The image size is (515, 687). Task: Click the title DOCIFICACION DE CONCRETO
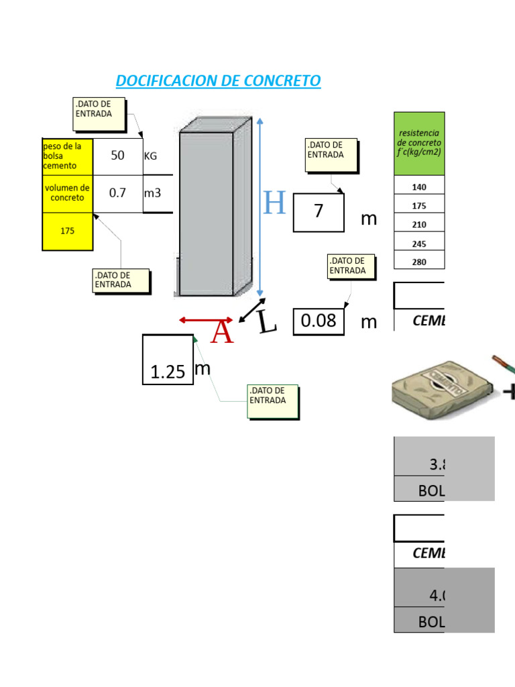pos(218,81)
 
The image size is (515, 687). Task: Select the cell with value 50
pos(117,156)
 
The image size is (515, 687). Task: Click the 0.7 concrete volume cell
pos(117,193)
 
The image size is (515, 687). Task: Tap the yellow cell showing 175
pos(68,231)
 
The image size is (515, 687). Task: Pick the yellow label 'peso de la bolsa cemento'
pos(68,156)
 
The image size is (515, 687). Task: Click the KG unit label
pos(151,156)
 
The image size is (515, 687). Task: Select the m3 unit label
pos(152,193)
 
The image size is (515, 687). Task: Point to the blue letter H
pos(274,203)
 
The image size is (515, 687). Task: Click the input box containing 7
pos(319,212)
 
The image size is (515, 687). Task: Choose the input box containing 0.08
pos(319,321)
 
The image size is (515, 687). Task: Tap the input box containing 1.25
pos(168,360)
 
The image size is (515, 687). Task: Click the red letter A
pos(222,333)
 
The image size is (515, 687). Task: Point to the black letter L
pos(267,324)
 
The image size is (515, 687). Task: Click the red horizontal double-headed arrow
pos(206,320)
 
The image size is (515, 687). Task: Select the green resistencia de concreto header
pos(419,143)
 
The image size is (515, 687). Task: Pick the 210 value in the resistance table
pos(419,225)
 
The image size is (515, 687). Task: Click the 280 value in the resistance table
pos(419,262)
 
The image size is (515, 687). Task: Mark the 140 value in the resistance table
pos(419,187)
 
